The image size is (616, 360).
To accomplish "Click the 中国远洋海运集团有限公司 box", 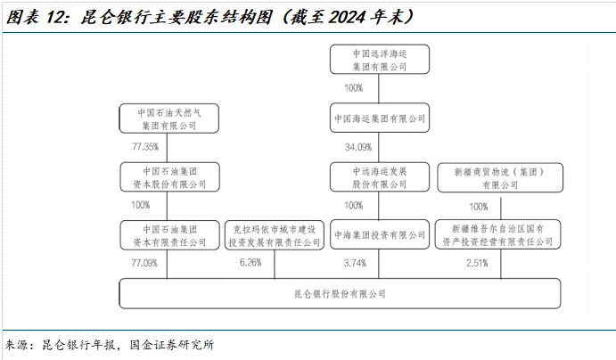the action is [x=380, y=60].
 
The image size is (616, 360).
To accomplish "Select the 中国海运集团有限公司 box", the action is [x=380, y=119].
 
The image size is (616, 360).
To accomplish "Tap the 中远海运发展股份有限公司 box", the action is [x=380, y=176].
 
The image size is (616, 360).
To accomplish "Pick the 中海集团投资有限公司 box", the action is [x=380, y=235].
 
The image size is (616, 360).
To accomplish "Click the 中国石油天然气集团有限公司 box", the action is [x=169, y=119].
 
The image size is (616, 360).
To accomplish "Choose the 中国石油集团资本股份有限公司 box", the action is [x=169, y=176].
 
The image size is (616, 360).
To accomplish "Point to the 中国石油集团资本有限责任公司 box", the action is [x=169, y=234].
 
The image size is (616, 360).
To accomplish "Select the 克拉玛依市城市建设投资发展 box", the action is [x=274, y=235].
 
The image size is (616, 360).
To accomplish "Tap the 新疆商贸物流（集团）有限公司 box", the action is [x=499, y=176].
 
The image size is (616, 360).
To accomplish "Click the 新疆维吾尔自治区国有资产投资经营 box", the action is [x=499, y=234].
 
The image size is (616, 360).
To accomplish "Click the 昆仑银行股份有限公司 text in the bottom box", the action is [x=341, y=294].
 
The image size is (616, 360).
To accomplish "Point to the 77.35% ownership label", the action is [x=144, y=147].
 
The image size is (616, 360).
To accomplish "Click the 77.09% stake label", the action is [x=144, y=263].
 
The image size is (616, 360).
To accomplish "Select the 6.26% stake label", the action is [x=250, y=263].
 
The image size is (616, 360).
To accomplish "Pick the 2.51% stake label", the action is [x=478, y=263].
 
